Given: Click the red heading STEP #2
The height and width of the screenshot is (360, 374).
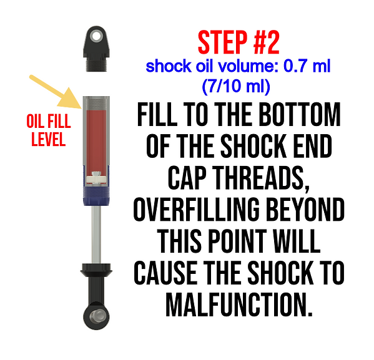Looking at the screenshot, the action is tap(239, 42).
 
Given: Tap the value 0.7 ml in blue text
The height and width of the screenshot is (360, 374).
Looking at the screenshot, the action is tap(307, 66).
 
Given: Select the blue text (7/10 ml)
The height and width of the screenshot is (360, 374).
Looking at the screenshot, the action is tap(236, 85).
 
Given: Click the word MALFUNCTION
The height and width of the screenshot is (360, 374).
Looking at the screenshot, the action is tap(239, 304).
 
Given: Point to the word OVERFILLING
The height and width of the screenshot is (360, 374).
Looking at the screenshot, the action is tap(197, 210).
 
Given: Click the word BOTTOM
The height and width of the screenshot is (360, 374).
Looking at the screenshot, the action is tap(300, 114).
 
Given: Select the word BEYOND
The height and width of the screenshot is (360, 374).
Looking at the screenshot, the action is tap(305, 210).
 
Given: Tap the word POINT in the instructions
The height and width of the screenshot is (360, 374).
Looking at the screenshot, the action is tap(237, 241).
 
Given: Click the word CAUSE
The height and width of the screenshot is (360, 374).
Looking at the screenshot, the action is tap(165, 273).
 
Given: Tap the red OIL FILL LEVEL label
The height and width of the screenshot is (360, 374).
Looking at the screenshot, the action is tap(49, 130).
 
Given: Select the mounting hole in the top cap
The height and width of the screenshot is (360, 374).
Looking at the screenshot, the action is tap(96, 37).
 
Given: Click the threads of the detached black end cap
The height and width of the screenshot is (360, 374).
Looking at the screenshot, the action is tap(96, 64).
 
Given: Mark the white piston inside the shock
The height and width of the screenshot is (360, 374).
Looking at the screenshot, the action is tap(96, 179).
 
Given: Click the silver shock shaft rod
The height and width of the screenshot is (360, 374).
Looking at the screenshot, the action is tap(96, 235).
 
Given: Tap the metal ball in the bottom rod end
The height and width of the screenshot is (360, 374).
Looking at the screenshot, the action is tap(97, 316).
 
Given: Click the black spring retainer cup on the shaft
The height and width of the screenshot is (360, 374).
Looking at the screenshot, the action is tap(96, 270).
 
